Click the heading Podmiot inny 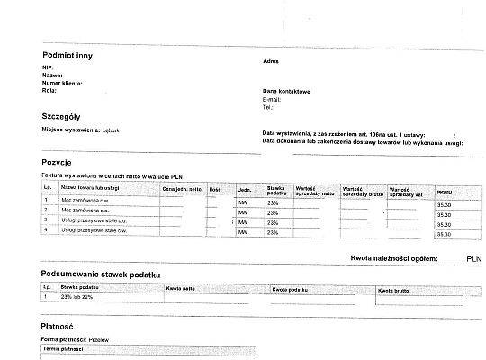point(67,56)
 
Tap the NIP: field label point(48,67)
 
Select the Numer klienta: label point(59,83)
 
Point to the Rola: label point(49,90)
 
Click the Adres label point(270,61)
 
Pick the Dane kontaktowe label point(286,91)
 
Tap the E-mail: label point(272,99)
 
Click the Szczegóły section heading point(62,117)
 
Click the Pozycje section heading point(57,161)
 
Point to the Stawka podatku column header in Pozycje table point(275,190)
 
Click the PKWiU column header point(445,193)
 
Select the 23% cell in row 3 point(273,220)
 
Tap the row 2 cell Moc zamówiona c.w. point(86,210)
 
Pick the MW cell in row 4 point(242,232)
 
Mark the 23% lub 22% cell point(76,296)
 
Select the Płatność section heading point(58,326)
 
